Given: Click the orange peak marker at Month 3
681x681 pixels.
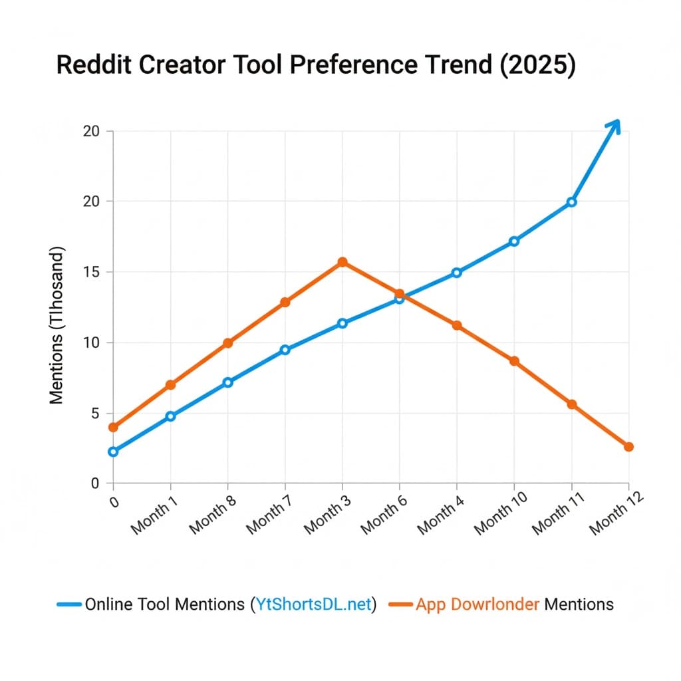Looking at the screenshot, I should click(342, 262).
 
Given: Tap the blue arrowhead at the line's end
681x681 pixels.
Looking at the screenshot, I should click(614, 125).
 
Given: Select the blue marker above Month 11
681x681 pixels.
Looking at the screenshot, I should click(571, 202).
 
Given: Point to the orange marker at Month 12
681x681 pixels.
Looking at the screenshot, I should click(628, 447).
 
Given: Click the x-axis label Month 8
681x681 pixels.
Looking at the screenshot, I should click(213, 518).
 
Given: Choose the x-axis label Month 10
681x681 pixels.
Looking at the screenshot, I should click(499, 518).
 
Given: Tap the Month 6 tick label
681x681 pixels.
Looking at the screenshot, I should click(385, 518).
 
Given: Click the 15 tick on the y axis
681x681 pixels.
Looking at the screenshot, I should click(91, 272).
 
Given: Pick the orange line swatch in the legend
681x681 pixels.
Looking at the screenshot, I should click(401, 604).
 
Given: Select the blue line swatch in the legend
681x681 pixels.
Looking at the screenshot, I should click(70, 604).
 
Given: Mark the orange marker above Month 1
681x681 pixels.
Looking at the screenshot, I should click(170, 385).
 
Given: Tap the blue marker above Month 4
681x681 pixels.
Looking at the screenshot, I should click(457, 273).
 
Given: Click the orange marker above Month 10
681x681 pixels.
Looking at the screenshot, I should click(514, 361).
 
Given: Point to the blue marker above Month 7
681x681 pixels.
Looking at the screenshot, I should click(285, 350).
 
